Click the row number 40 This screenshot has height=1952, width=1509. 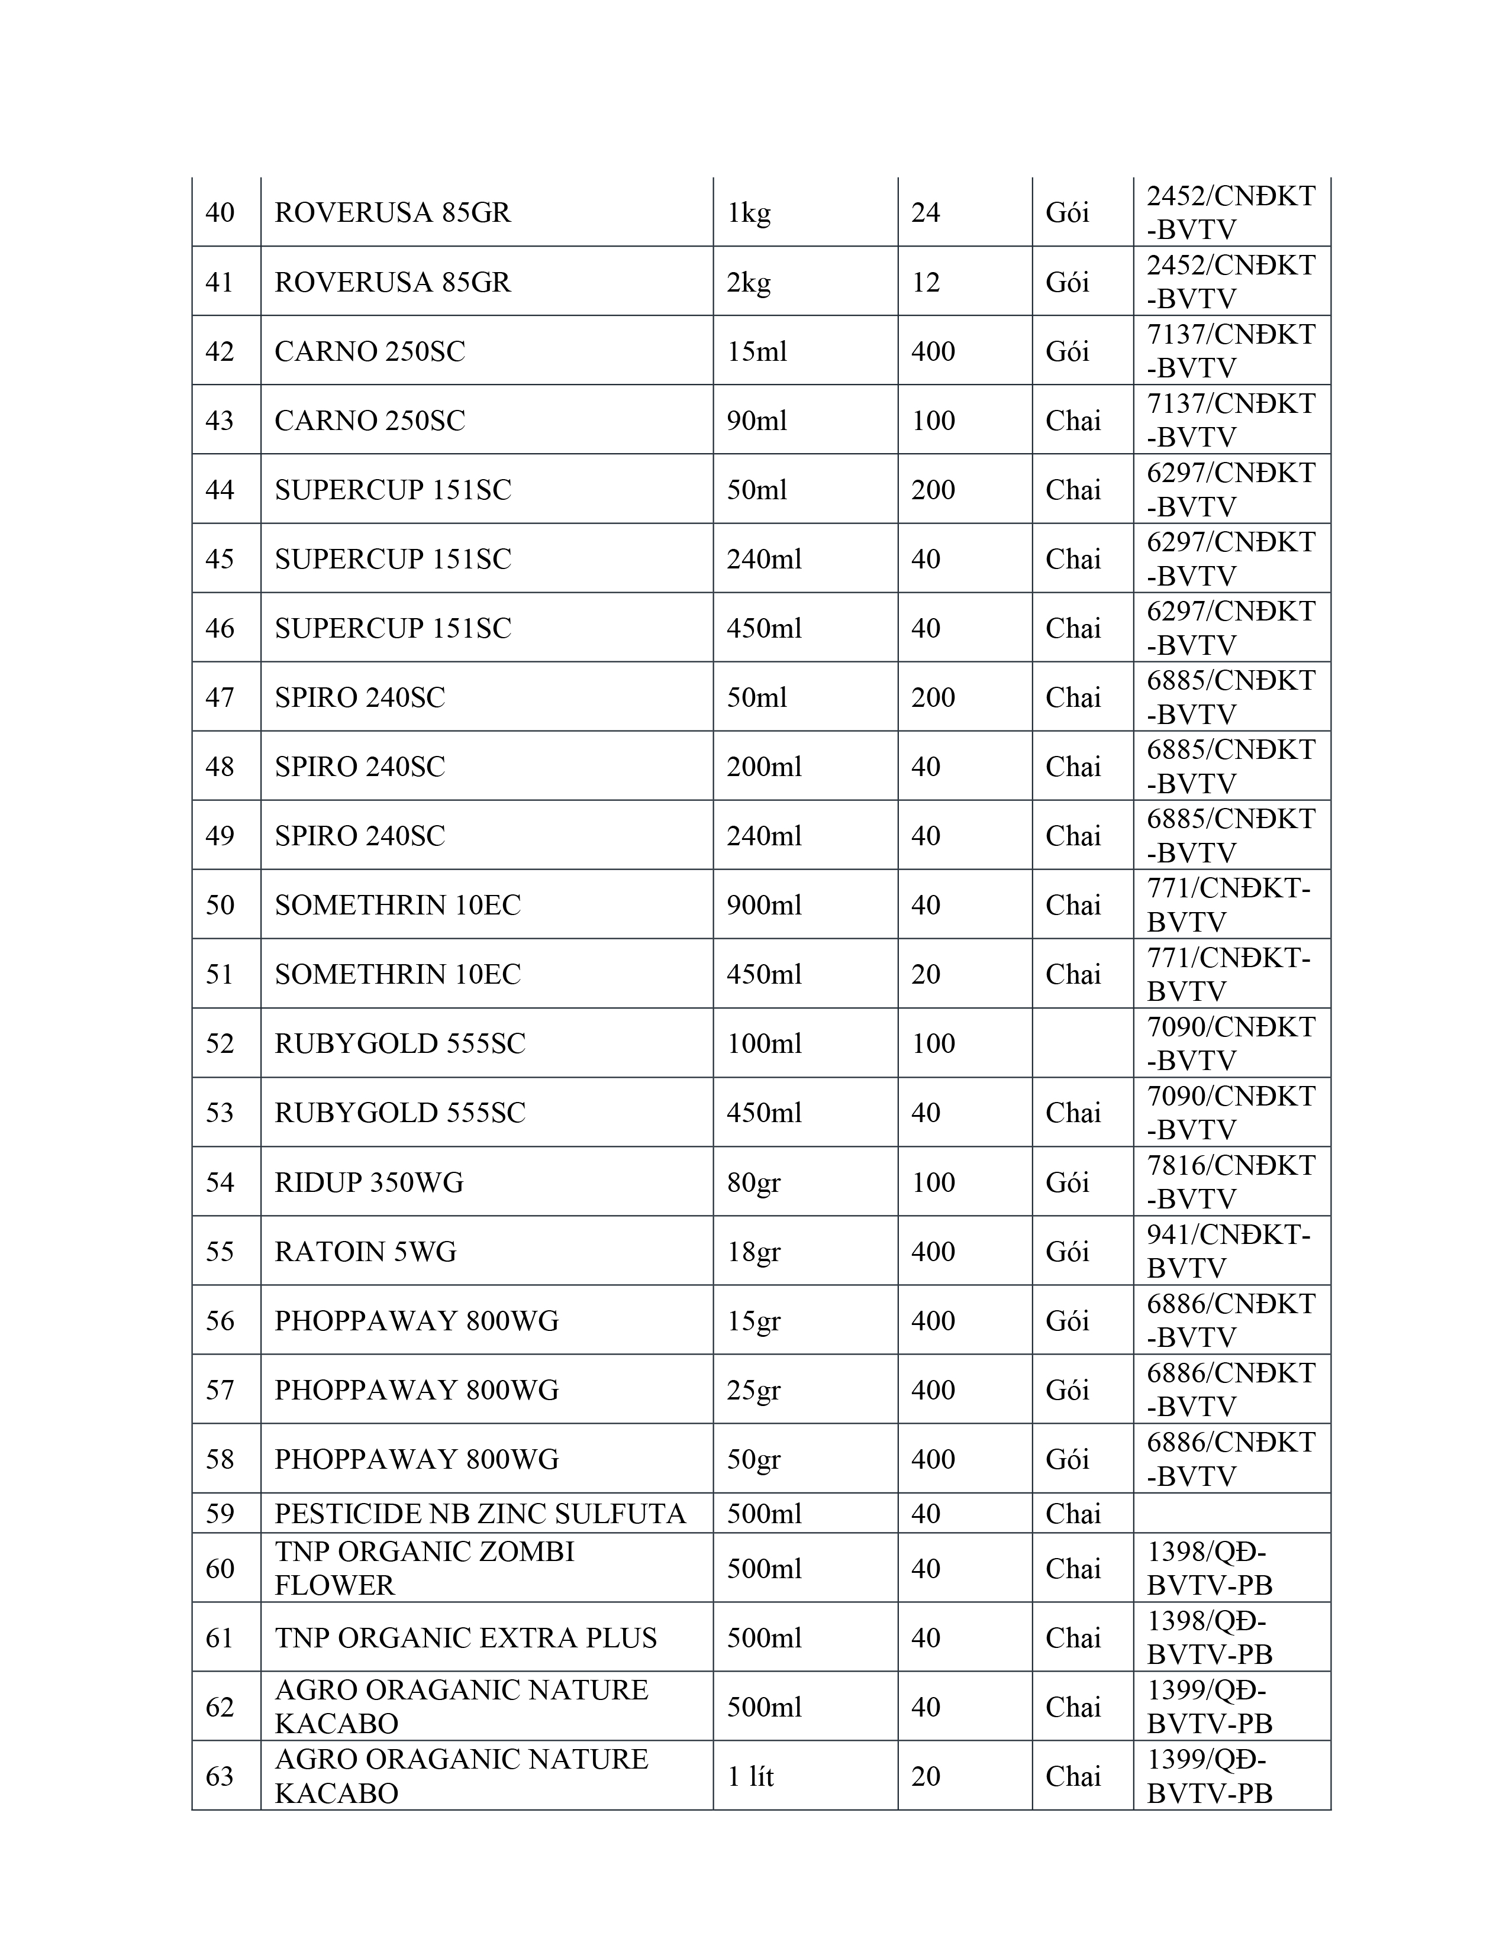tap(220, 213)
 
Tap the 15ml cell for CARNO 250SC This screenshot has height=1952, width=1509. tap(756, 351)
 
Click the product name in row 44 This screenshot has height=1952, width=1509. tap(392, 490)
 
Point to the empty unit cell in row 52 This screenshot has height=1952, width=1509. tap(1082, 1043)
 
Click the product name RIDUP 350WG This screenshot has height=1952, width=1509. tap(368, 1182)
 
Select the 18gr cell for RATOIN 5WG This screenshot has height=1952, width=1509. tap(753, 1251)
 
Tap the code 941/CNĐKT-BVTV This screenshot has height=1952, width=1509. tap(1229, 1251)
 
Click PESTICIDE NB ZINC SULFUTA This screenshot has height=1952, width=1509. tap(480, 1513)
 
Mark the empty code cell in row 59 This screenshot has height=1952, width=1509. tap(1231, 1513)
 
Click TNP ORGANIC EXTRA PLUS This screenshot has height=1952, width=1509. tap(465, 1637)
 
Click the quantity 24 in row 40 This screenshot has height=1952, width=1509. tap(926, 213)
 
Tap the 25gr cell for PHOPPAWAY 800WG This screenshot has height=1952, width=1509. tap(753, 1390)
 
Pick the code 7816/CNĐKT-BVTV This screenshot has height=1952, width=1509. tap(1231, 1182)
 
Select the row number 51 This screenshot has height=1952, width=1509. tap(220, 974)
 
